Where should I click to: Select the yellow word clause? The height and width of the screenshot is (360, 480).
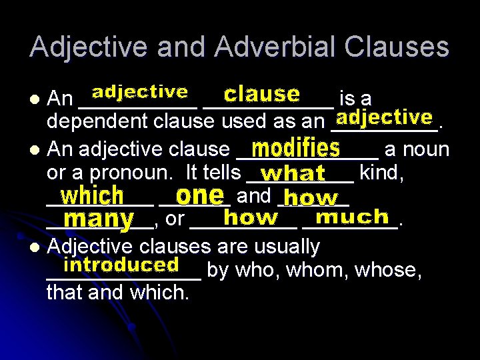[261, 93]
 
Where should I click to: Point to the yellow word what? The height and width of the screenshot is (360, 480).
[293, 173]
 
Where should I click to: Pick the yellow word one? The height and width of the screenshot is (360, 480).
[199, 195]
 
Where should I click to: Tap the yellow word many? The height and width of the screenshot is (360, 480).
[100, 219]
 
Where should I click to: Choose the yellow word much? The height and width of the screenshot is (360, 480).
[351, 217]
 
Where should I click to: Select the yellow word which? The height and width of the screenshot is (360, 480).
[92, 195]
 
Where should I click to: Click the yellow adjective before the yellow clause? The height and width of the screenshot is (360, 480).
[139, 91]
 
